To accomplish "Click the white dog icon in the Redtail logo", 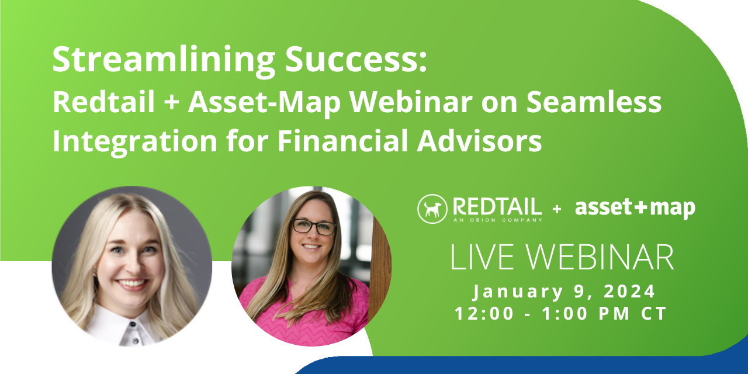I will point(432,209).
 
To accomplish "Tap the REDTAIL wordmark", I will point(496,206).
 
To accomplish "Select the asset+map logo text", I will point(635,208).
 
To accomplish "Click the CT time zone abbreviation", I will point(654,313).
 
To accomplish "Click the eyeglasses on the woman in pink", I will point(314,226).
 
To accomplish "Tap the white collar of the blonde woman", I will point(126,327).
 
